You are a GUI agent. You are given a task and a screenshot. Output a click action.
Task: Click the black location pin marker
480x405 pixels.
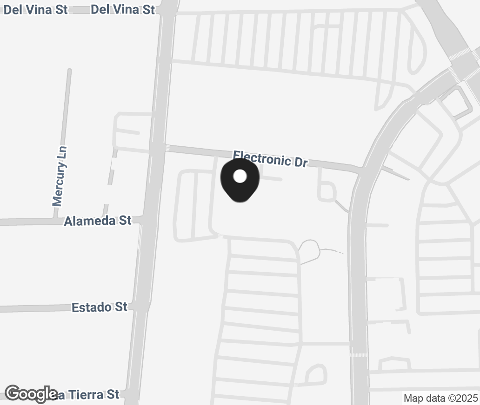(240, 181)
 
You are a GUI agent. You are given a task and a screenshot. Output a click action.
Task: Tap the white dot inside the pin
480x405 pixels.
(240, 176)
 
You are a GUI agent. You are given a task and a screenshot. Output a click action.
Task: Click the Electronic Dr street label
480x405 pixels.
(270, 158)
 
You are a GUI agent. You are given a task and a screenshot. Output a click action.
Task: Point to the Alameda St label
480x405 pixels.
(98, 221)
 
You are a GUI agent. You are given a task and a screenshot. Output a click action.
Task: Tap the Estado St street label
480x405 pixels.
(99, 307)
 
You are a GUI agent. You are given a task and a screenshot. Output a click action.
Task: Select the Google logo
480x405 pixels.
(31, 394)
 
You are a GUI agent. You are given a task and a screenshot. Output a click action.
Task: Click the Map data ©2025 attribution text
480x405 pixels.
(440, 398)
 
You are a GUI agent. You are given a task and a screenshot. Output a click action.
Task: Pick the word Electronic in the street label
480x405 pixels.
(262, 157)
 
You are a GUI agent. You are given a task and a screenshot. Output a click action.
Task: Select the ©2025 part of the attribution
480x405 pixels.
(462, 398)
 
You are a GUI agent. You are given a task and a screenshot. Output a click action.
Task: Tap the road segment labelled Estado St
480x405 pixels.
(37, 308)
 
